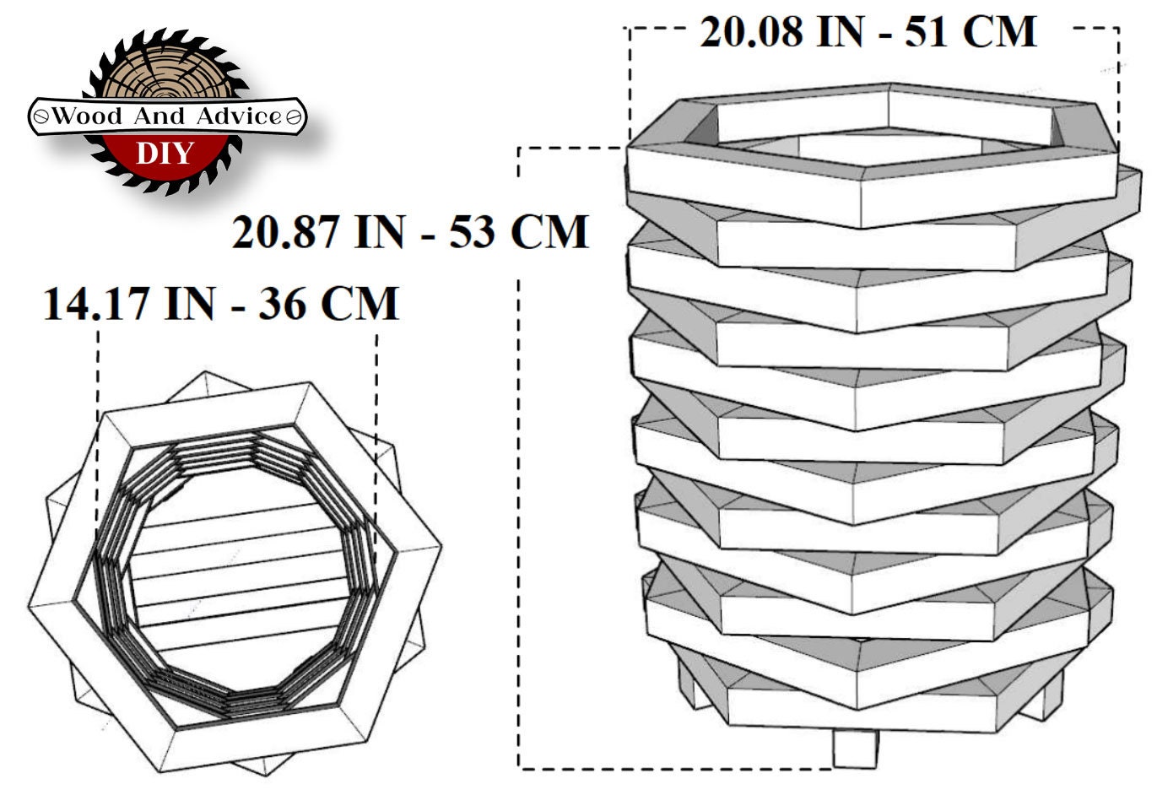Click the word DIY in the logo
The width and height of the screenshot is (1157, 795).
(165, 153)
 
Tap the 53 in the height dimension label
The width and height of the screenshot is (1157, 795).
(473, 232)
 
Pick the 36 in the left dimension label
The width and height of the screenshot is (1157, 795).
(282, 304)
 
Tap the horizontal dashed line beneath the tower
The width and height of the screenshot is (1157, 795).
(675, 768)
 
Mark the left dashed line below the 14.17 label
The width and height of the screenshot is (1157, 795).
(99, 371)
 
